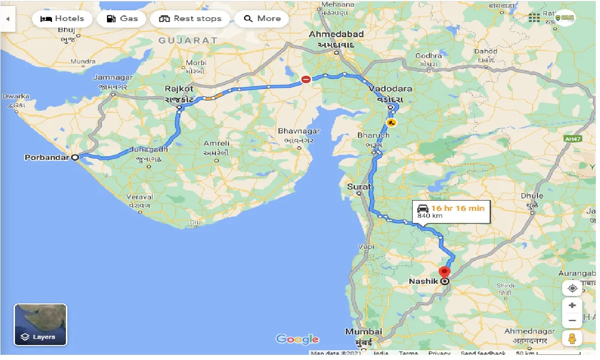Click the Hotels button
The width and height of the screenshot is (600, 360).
pos(62,19)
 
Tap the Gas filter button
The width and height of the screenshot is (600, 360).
pos(122,19)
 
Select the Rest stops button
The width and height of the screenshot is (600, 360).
pos(190,19)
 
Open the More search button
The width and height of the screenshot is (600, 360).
pos(262,19)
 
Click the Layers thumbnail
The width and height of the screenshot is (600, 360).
pos(41,324)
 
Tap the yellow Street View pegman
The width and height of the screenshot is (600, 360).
pos(572,338)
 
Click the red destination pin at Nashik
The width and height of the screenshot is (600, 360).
pos(444,272)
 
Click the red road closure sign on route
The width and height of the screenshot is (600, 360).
pos(306,80)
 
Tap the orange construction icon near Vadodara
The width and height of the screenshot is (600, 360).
pos(391,123)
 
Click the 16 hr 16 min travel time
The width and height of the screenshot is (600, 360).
pos(457,208)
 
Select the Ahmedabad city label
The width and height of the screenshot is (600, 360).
pos(336,35)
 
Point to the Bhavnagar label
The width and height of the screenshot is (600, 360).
pos(299,131)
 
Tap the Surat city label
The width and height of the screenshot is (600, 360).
pos(359,187)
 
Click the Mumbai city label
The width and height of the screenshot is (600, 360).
pos(364,331)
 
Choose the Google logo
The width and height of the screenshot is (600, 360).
pos(297,339)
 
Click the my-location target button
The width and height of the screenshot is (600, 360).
pos(572,288)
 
